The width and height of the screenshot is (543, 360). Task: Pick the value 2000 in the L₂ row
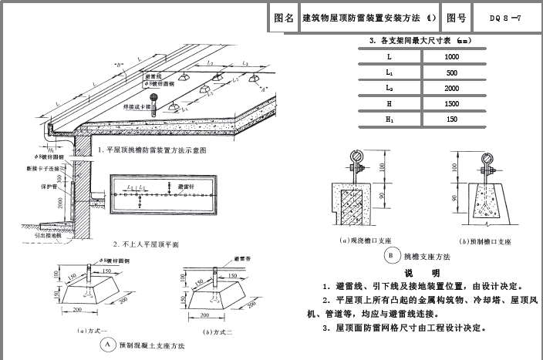pos(452,89)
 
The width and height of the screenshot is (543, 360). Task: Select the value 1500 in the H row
pos(452,104)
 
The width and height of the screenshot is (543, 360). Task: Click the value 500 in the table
pos(452,73)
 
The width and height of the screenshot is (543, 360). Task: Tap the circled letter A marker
pos(109,346)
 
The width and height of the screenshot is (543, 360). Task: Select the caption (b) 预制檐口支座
pos(486,241)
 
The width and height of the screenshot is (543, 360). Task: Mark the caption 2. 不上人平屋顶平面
pos(147,244)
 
